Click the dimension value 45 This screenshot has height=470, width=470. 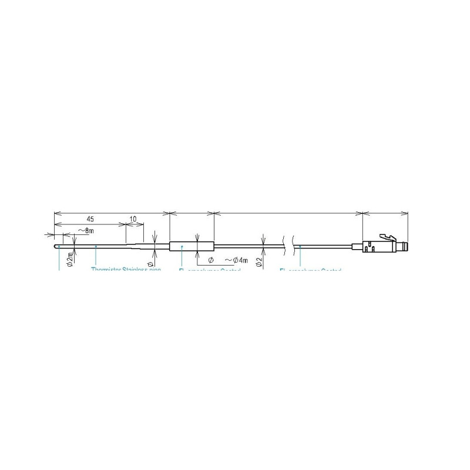tap(90, 219)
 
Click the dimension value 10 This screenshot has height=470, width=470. tap(133, 219)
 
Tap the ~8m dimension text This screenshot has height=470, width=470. tap(85, 231)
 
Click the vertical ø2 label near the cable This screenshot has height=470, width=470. tap(259, 261)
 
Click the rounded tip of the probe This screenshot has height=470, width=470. tap(56, 247)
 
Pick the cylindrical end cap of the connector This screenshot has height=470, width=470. tap(404, 246)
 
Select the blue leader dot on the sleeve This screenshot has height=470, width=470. tap(183, 247)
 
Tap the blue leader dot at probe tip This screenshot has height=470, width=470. tap(59, 247)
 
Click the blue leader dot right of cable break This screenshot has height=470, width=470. tap(300, 247)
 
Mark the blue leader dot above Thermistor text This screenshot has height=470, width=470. tap(96, 247)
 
